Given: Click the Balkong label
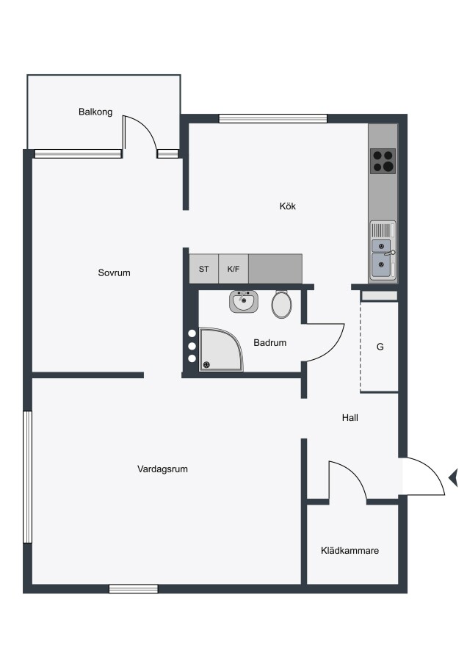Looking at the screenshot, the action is (x=95, y=112).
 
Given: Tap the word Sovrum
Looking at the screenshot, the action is (x=114, y=272).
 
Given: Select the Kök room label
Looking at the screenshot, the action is (x=287, y=206).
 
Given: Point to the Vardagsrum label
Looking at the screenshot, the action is (x=162, y=469).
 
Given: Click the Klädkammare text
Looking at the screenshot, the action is (x=350, y=551).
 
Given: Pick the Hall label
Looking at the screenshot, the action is (x=350, y=418).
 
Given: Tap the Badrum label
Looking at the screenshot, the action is (x=269, y=343).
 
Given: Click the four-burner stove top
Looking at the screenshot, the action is (x=383, y=161).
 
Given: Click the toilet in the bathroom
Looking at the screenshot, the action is (x=281, y=303).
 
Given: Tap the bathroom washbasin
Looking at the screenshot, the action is (x=244, y=301).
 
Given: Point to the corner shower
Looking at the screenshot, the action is (x=221, y=350).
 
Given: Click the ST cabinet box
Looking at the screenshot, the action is (x=203, y=269).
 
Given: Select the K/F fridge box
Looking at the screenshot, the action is (x=233, y=269).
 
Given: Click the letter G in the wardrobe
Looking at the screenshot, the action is (x=380, y=347).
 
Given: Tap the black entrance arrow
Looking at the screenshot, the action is (x=454, y=478).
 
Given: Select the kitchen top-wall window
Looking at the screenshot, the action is (x=273, y=118).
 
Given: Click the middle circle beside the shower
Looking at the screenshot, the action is (x=192, y=346).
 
